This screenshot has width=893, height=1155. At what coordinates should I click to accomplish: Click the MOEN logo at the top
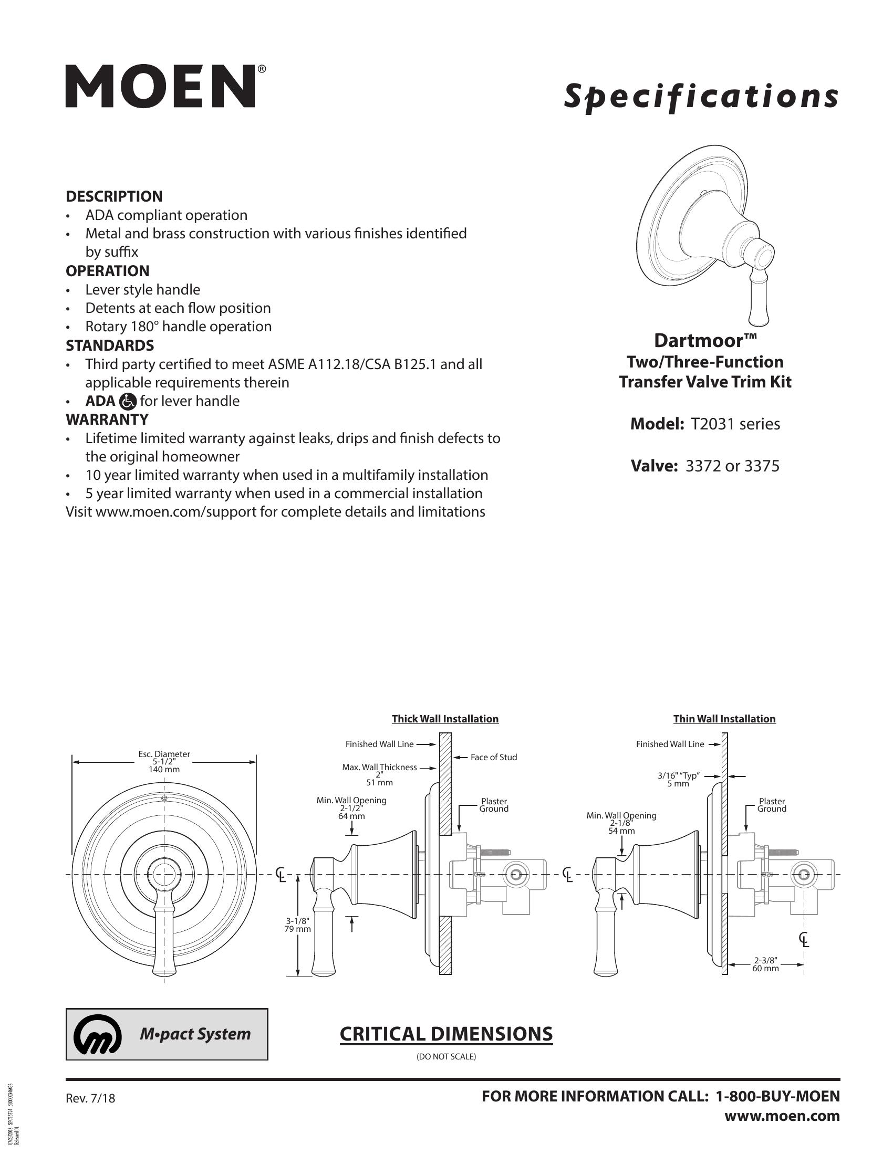pyautogui.click(x=161, y=87)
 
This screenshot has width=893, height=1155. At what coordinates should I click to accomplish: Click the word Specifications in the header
pyautogui.click(x=701, y=96)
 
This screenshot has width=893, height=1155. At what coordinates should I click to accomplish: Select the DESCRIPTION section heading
pyautogui.click(x=114, y=196)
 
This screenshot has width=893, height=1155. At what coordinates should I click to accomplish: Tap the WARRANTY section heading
pyautogui.click(x=107, y=419)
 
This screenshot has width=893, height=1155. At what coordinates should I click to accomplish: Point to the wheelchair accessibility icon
pyautogui.click(x=128, y=402)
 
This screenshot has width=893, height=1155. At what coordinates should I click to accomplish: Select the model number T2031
pyautogui.click(x=708, y=424)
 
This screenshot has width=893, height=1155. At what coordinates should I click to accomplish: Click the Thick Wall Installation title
pyautogui.click(x=445, y=719)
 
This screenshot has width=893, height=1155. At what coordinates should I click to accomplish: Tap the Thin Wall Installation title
pyautogui.click(x=724, y=719)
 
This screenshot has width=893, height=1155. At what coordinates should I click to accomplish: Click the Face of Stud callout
pyautogui.click(x=494, y=757)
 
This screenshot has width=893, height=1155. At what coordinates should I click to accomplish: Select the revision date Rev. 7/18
pyautogui.click(x=90, y=1098)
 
